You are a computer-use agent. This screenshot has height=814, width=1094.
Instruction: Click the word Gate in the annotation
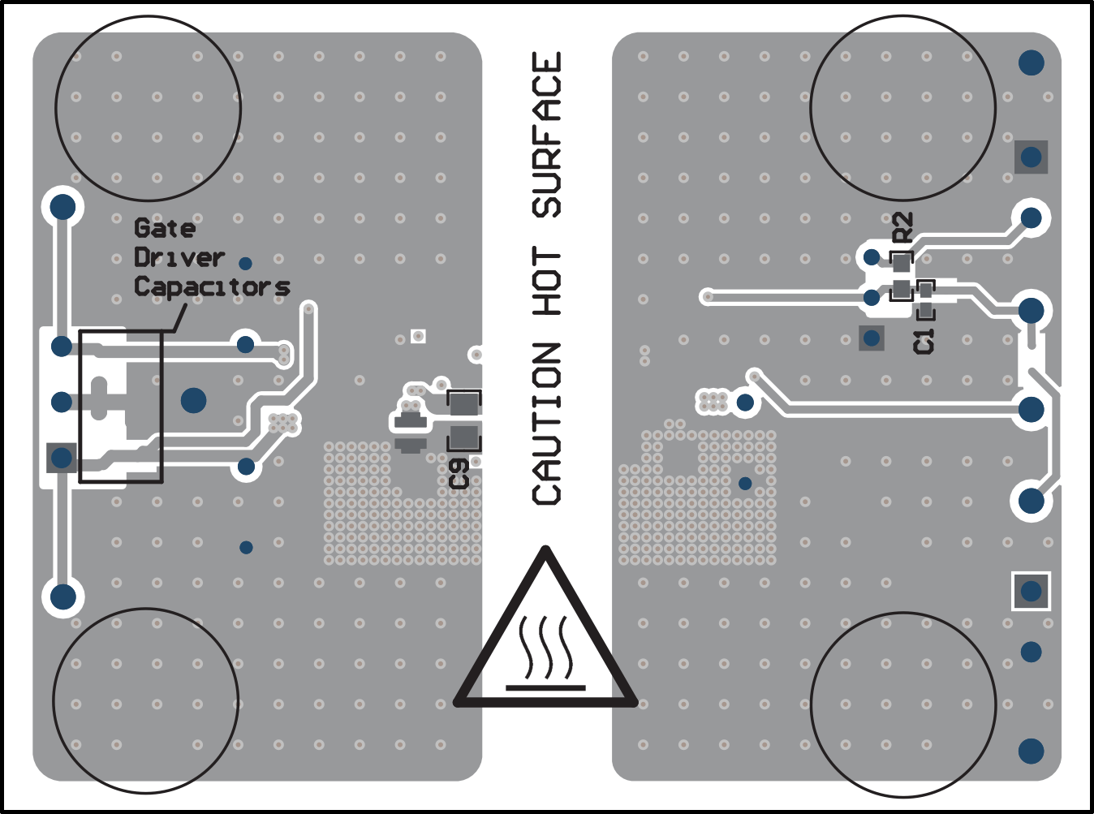pyautogui.click(x=165, y=228)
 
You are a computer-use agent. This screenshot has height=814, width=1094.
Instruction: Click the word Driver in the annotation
pyautogui.click(x=179, y=257)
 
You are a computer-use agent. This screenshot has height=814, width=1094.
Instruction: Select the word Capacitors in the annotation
pyautogui.click(x=212, y=287)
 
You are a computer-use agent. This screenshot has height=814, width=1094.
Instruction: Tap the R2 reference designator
pyautogui.click(x=903, y=227)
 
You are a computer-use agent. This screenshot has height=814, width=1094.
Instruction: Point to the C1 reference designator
pyautogui.click(x=924, y=341)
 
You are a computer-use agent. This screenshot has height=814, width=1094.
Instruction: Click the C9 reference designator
pyautogui.click(x=459, y=474)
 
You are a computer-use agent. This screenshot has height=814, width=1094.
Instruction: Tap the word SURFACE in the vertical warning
pyautogui.click(x=546, y=134)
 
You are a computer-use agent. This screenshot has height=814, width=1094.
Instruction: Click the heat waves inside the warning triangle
pyautogui.click(x=545, y=647)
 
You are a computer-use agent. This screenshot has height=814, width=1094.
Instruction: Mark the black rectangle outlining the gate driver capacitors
pyautogui.click(x=79, y=407)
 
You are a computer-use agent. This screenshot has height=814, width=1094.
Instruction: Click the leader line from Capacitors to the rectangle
pyautogui.click(x=178, y=317)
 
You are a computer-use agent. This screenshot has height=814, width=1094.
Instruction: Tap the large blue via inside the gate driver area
pyautogui.click(x=193, y=401)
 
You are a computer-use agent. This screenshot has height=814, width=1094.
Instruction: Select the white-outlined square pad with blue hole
pyautogui.click(x=1031, y=591)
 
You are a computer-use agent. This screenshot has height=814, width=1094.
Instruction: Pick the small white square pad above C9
pyautogui.click(x=418, y=337)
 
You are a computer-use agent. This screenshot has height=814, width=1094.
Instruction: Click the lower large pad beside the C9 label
pyautogui.click(x=463, y=437)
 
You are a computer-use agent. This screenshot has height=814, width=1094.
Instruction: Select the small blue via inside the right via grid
pyautogui.click(x=745, y=484)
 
